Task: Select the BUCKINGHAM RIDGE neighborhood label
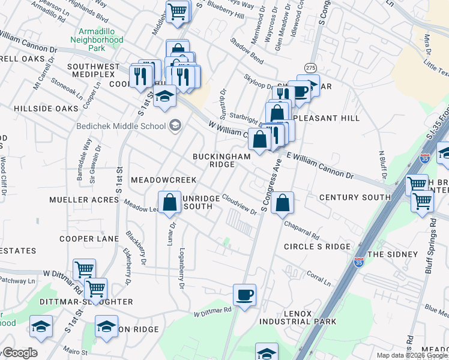click(221, 160)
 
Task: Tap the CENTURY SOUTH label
click(355, 197)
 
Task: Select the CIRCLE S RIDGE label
click(316, 247)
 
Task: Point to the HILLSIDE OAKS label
click(47, 109)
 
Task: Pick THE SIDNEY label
click(392, 254)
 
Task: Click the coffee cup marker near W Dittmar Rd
click(244, 295)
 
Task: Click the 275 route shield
click(310, 67)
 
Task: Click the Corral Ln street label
click(318, 277)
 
